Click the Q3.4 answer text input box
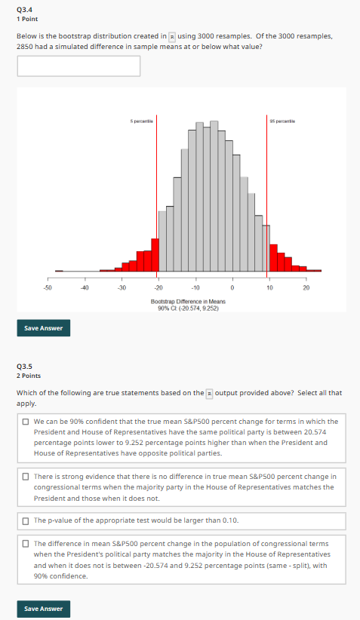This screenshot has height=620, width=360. [78, 66]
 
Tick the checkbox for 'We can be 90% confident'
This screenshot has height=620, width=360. [26, 421]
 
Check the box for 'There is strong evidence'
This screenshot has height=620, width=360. [26, 476]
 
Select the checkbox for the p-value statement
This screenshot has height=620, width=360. [26, 521]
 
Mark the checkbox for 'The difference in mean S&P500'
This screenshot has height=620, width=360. [26, 543]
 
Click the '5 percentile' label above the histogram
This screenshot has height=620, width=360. [142, 121]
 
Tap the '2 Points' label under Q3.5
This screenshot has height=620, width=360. [29, 375]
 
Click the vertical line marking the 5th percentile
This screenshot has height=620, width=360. [158, 196]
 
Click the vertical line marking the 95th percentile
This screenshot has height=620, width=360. [269, 196]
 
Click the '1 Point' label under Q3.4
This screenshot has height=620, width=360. [27, 18]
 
